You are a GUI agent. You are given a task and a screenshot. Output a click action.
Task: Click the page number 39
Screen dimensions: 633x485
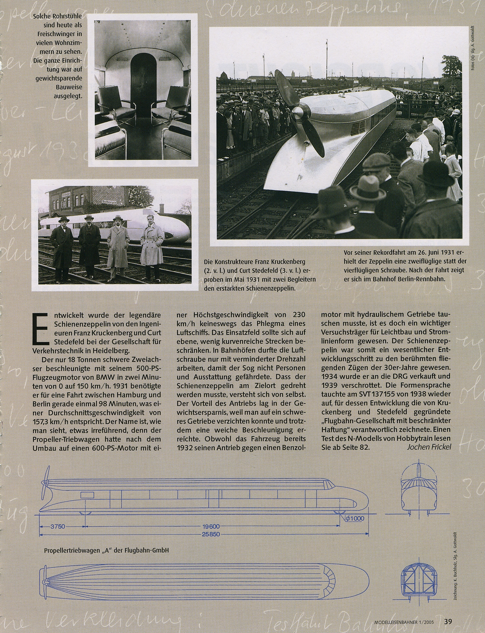[x=448, y=621]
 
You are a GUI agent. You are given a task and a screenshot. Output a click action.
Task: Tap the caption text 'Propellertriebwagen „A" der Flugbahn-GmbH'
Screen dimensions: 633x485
[x=107, y=550]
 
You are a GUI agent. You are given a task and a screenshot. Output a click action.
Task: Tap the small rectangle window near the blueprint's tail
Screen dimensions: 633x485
[x=87, y=495]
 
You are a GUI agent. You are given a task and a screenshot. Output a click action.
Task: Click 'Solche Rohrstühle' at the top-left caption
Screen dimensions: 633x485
[x=57, y=16]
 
